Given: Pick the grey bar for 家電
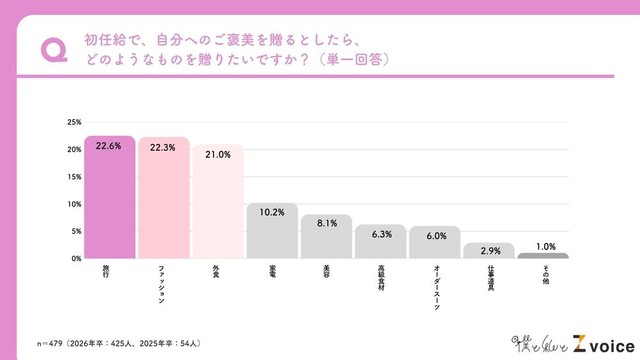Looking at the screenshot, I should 272,231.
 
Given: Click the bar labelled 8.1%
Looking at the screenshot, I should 326,237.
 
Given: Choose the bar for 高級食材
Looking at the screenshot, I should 380,242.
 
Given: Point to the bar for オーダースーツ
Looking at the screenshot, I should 434,243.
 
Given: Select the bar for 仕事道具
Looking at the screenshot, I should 488,251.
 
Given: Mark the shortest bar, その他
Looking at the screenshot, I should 542,256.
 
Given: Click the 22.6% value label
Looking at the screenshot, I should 110,145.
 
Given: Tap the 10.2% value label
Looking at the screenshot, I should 272,212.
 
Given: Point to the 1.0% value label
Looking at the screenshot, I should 542,246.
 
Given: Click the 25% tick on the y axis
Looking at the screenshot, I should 74,123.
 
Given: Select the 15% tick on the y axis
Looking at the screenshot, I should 74,177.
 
